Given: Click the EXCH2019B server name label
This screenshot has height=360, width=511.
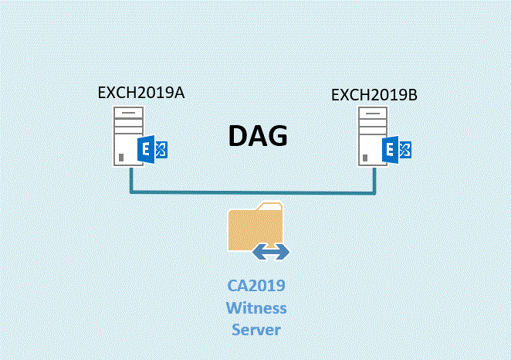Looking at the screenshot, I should coord(374,95).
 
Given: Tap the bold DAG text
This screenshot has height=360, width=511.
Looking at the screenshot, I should coord(258,136).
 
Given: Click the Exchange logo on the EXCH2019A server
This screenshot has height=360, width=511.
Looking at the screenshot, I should coord(152,150).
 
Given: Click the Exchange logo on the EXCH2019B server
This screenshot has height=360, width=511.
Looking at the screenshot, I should coord(398,150).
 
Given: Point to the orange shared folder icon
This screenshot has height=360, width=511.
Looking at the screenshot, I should coord(255,226).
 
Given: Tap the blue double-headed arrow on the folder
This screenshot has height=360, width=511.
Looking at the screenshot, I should coord(272,251).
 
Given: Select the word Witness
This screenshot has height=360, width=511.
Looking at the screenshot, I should coord(255,308).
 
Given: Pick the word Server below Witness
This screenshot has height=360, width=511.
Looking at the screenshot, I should coord(255,330).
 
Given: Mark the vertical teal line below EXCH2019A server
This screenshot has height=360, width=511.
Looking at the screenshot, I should coord(130,179).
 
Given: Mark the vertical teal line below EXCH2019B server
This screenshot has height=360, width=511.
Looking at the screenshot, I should coord(374,179).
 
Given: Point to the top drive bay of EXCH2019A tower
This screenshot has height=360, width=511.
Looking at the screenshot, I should coord(128,114).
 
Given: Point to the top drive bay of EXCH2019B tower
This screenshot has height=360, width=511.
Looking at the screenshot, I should coord(374,114).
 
